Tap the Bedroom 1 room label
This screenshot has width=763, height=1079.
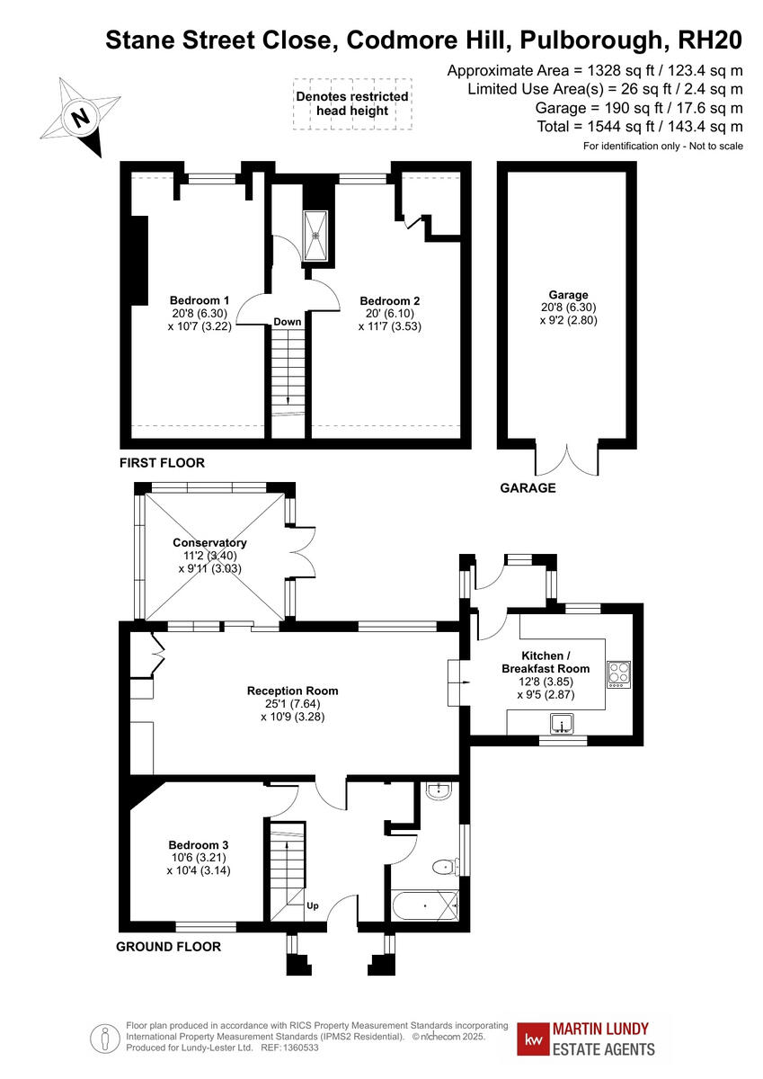(x=200, y=300)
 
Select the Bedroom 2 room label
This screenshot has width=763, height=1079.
(x=390, y=300)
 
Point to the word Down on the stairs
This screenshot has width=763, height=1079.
(x=288, y=322)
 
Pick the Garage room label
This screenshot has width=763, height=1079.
(x=568, y=295)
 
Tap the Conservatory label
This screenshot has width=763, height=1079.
(x=209, y=543)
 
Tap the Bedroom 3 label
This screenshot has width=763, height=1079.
(x=199, y=845)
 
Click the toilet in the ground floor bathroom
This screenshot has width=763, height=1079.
(x=443, y=867)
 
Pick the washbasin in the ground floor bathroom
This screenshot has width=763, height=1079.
(x=440, y=792)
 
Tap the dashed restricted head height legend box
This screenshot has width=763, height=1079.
(x=351, y=103)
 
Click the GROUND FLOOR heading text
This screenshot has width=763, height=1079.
(x=169, y=947)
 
